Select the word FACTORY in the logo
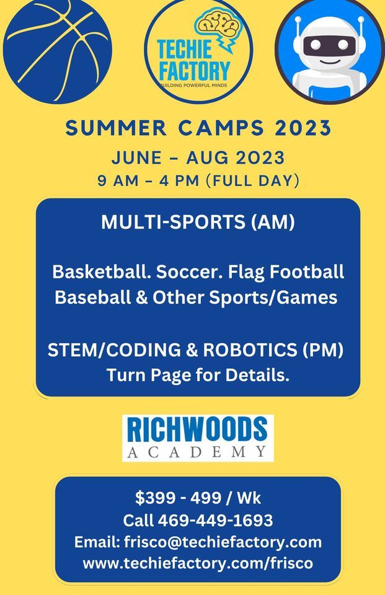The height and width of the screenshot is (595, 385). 193,68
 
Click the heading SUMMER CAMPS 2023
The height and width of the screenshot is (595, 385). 198,128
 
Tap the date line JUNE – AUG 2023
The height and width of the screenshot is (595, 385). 198,157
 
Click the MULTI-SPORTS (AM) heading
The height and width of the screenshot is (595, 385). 198,223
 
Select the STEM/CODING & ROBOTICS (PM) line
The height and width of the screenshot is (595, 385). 195,350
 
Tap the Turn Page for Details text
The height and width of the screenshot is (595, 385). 198,375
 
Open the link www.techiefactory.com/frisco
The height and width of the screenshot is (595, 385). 198,563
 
